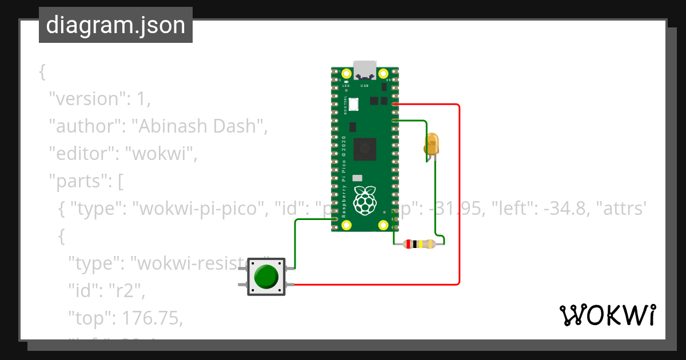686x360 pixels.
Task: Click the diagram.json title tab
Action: (115, 25)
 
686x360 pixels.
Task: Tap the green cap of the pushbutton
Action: (266, 277)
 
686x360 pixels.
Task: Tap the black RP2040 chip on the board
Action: (365, 149)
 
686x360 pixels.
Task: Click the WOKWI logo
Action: (607, 315)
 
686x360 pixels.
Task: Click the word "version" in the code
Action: (87, 98)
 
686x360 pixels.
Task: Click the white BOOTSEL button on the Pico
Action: (354, 104)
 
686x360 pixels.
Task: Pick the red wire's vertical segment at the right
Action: (459, 194)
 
